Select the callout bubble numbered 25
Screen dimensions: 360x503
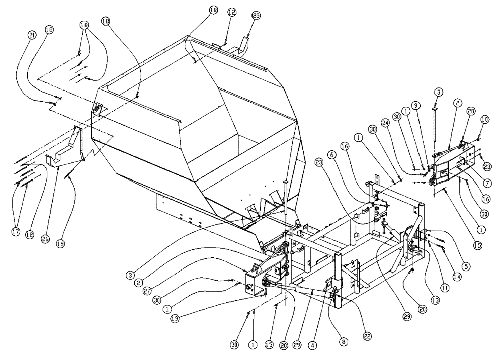(257, 16)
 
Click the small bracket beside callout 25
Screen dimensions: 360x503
(244, 46)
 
